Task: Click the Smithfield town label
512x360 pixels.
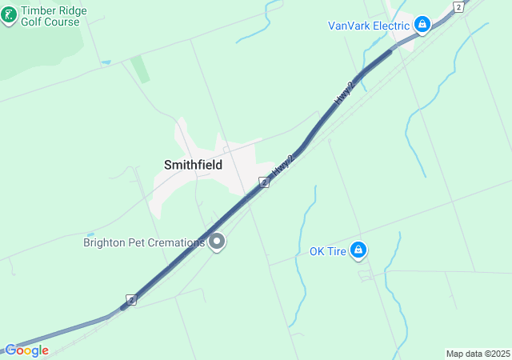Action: (193, 165)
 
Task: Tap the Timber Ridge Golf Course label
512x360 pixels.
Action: (54, 16)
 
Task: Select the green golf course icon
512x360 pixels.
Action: (9, 16)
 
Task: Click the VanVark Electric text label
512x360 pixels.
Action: (369, 26)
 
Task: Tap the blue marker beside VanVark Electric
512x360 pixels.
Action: (422, 25)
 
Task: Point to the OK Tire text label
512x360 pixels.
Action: (327, 251)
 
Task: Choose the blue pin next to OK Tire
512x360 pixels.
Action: (359, 250)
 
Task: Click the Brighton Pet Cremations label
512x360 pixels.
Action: (144, 242)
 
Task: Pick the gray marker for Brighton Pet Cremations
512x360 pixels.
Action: (216, 242)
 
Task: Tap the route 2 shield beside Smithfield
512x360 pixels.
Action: (264, 182)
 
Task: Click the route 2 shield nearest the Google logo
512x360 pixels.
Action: (132, 300)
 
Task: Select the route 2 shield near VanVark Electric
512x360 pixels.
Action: (458, 6)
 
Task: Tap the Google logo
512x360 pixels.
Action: (26, 350)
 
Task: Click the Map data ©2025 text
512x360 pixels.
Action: (477, 354)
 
